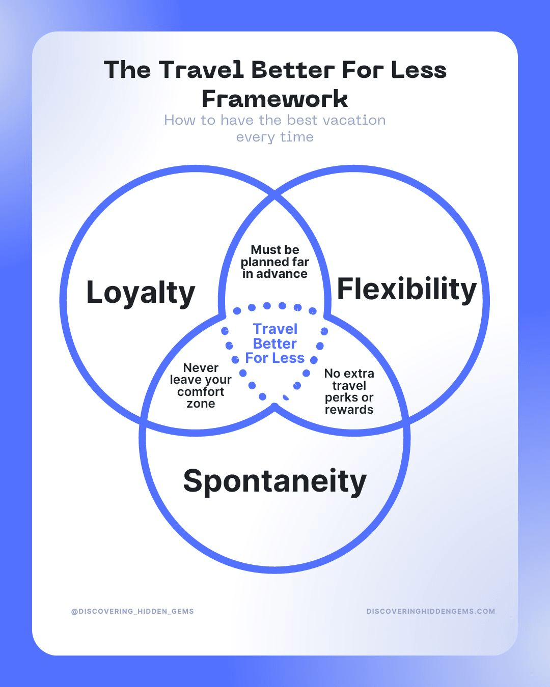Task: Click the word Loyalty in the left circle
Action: (141, 293)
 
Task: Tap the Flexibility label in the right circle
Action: (406, 290)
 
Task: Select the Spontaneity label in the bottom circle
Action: (274, 481)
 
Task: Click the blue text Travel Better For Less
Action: (275, 343)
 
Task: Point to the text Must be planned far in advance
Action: (275, 262)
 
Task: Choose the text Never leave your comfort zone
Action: (201, 385)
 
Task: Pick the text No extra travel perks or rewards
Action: (349, 391)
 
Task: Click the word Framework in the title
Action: (275, 99)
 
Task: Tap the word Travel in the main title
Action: (201, 70)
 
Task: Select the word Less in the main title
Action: (419, 70)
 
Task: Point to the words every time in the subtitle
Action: (275, 137)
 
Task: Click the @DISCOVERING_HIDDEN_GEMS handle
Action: (132, 611)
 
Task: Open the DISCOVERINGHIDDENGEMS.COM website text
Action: (431, 611)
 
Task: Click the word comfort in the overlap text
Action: (201, 392)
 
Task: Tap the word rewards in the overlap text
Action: (349, 410)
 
